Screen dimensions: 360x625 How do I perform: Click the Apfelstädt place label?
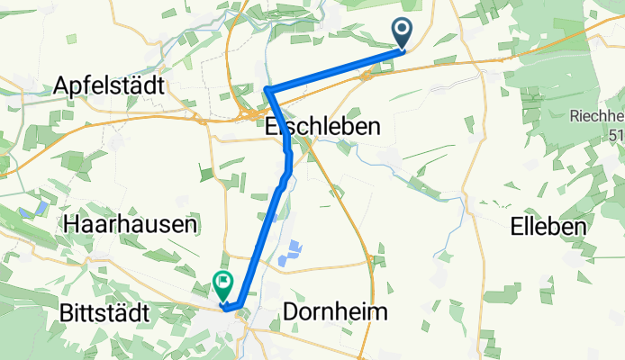pos(108,85)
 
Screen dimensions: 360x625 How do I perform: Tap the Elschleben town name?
pos(322,127)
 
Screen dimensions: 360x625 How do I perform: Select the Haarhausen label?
pos(131,224)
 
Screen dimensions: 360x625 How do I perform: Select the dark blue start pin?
pos(403,33)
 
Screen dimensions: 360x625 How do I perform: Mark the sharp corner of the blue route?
pos(267,89)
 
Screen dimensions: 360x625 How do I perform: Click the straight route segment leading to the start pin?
pos(333,69)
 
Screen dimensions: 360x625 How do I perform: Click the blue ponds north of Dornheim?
pos(292,254)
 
